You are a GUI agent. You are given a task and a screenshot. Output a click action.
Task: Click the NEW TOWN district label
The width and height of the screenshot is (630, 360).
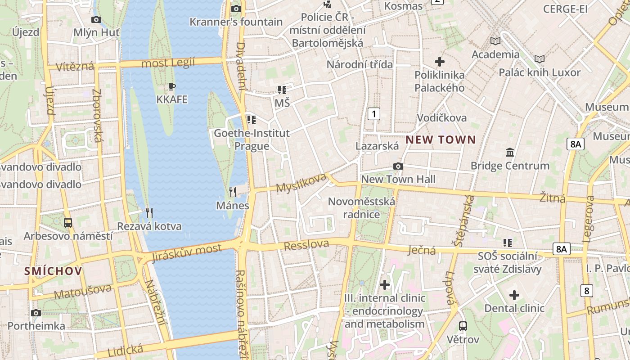(441, 139)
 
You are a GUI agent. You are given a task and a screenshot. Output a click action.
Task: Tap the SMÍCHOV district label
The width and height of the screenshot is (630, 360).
(53, 271)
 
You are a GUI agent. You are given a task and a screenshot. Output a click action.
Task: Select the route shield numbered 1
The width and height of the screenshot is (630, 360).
(373, 114)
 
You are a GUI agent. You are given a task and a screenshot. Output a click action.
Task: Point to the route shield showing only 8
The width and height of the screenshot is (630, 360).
(586, 291)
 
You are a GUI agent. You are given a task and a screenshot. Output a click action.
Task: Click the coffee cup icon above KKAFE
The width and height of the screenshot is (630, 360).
(171, 86)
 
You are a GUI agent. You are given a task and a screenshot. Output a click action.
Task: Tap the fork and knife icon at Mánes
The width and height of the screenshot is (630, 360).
(233, 192)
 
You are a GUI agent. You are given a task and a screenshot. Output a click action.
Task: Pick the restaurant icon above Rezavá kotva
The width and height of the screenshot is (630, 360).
(149, 212)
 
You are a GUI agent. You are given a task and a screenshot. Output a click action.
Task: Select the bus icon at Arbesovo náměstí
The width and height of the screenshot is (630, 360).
(68, 222)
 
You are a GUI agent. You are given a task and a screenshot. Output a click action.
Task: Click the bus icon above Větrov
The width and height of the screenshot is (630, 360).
(463, 326)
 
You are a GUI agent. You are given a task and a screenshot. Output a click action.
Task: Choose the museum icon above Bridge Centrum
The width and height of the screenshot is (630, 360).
(510, 153)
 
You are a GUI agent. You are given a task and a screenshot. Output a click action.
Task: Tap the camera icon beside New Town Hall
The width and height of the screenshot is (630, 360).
(398, 166)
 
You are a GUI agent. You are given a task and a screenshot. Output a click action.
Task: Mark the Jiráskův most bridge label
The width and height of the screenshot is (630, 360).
(187, 252)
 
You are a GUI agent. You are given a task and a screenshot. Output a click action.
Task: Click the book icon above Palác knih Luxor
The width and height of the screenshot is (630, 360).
(539, 59)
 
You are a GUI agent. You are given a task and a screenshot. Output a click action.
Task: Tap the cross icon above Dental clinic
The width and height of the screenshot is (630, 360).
(514, 295)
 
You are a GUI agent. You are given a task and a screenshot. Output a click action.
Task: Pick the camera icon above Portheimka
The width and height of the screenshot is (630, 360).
(36, 313)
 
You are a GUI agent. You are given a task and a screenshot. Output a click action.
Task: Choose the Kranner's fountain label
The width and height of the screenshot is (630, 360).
(236, 22)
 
